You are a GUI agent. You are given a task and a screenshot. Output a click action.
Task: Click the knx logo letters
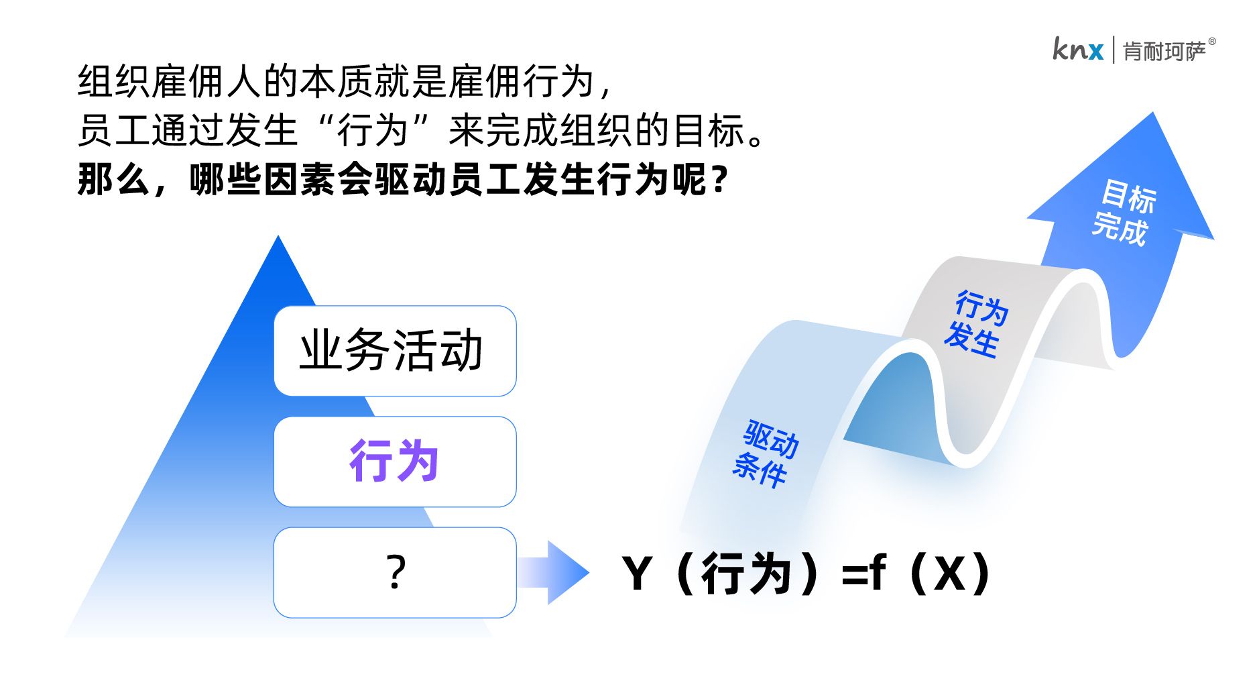click(1077, 49)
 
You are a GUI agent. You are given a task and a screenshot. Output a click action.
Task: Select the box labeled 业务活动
click(395, 351)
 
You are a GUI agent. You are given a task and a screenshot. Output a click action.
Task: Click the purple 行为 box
click(395, 462)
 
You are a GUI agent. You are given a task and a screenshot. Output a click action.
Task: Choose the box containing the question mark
click(395, 572)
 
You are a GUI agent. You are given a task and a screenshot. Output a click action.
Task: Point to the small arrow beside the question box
click(553, 572)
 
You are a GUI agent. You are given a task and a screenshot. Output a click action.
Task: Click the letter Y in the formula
click(637, 574)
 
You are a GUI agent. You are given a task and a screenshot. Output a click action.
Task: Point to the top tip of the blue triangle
click(278, 235)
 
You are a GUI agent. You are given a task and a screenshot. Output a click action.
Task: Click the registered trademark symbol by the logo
click(1212, 42)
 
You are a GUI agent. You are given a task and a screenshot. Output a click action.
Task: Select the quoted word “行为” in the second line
click(373, 129)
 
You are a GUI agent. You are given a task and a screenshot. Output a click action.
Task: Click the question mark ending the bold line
click(720, 180)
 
